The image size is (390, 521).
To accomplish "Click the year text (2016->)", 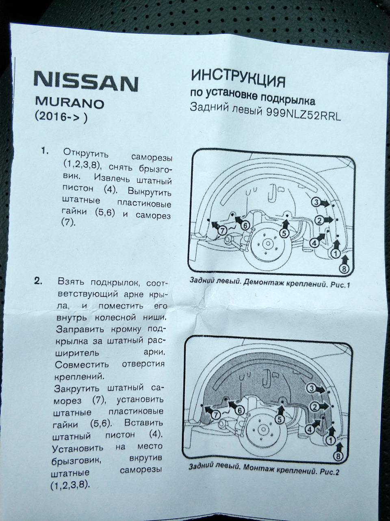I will [61, 117].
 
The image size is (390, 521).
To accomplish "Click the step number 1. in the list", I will [45, 152].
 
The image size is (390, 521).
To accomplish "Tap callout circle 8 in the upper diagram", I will [344, 268].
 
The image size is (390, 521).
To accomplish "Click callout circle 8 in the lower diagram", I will [338, 456].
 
